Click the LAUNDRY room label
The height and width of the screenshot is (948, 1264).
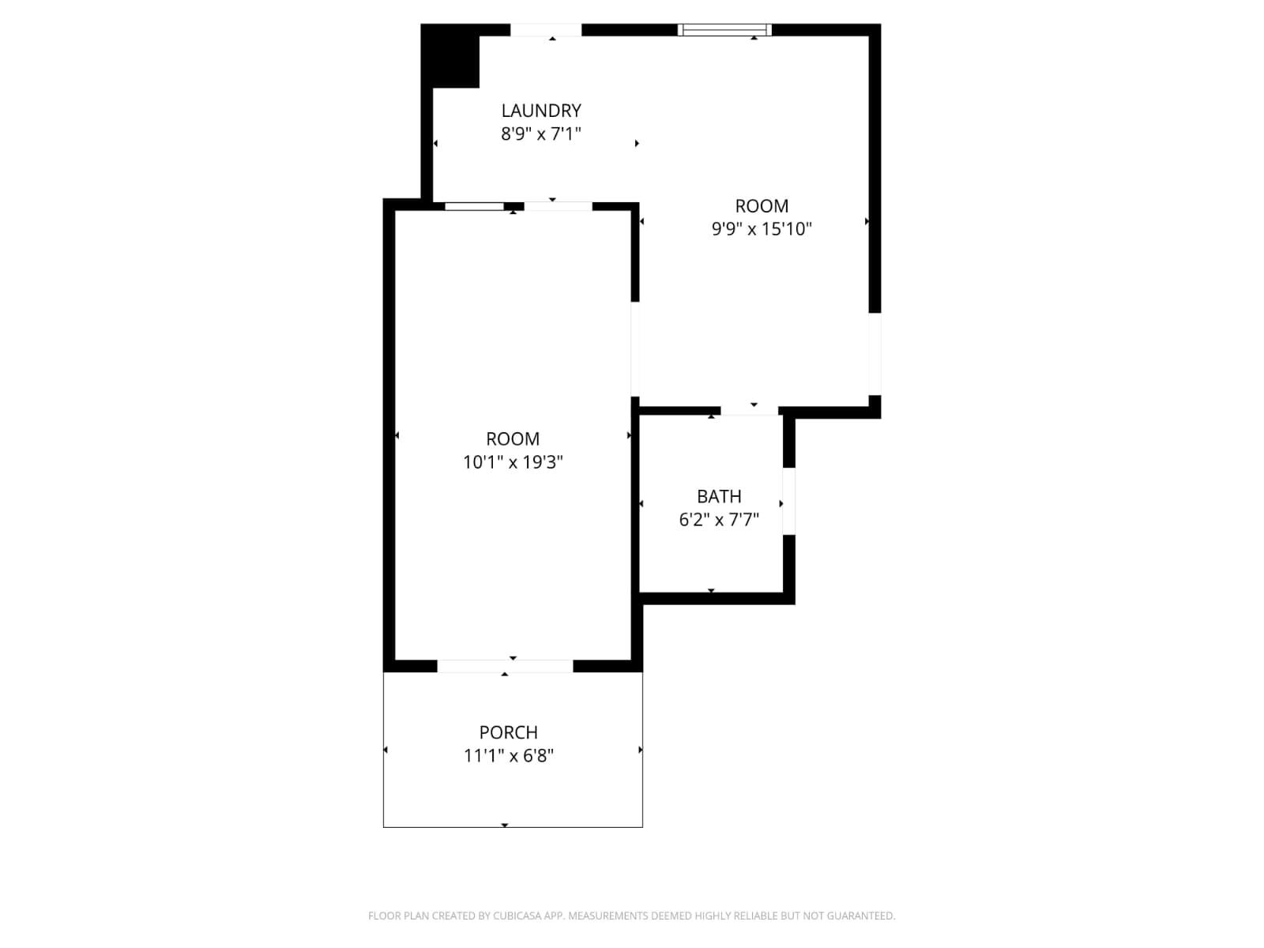point(541,111)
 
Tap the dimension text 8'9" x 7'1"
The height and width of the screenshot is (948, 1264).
point(541,134)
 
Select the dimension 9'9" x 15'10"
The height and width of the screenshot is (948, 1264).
point(762,229)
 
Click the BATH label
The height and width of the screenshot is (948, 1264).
point(719,496)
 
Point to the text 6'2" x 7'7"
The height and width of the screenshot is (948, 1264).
point(719,520)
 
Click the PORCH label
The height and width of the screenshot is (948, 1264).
point(508,732)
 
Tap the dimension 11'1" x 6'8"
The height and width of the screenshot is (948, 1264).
point(508,756)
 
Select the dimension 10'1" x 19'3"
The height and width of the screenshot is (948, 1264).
point(513,462)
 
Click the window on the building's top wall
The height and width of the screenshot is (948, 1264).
point(724,30)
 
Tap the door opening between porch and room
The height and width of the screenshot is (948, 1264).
point(505,666)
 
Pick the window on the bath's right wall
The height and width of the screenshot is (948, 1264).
point(788,502)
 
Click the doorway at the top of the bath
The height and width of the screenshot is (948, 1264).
point(749,410)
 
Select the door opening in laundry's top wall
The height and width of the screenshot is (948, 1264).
point(545,30)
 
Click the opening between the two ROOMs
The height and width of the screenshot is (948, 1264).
point(634,348)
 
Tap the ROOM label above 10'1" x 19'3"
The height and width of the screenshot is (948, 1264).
point(513,439)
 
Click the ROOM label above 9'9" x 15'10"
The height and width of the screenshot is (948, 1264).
point(762,206)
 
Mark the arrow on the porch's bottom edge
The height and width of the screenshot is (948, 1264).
point(505,825)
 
